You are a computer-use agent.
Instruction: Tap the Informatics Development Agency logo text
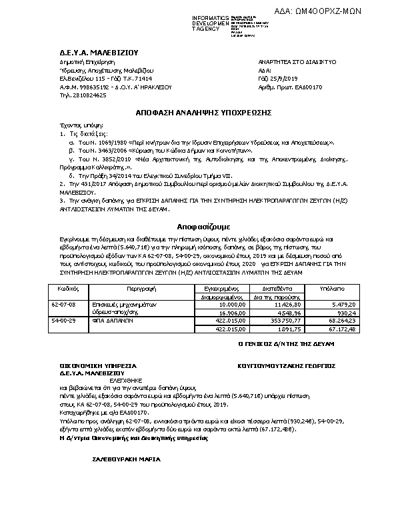tap(210, 23)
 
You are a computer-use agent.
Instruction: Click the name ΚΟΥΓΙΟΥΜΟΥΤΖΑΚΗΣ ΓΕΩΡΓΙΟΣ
tap(287, 366)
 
